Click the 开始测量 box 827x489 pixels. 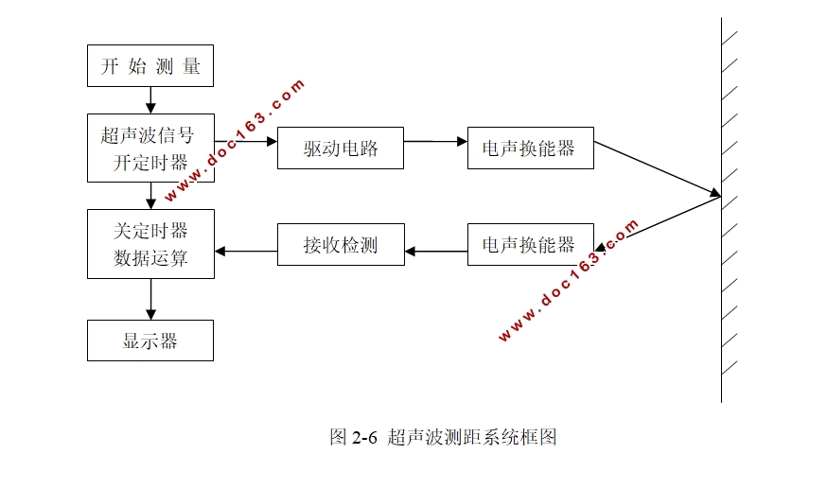pyautogui.click(x=150, y=66)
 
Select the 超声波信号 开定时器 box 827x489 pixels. pyautogui.click(x=150, y=148)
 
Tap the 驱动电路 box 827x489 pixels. pyautogui.click(x=341, y=148)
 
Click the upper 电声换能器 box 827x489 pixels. pyautogui.click(x=530, y=148)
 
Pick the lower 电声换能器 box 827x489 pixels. pyautogui.click(x=530, y=245)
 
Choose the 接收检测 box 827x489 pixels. pyautogui.click(x=341, y=245)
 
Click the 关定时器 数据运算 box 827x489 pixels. pyautogui.click(x=150, y=244)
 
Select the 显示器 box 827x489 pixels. pyautogui.click(x=150, y=341)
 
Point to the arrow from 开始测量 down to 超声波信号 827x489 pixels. pyautogui.click(x=150, y=100)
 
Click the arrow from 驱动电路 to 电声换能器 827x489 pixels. pyautogui.click(x=435, y=142)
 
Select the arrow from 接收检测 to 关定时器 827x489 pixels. pyautogui.click(x=245, y=251)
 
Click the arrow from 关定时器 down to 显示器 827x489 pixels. pyautogui.click(x=150, y=299)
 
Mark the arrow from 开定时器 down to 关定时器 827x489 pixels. pyautogui.click(x=150, y=196)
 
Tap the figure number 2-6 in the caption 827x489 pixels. pyautogui.click(x=364, y=437)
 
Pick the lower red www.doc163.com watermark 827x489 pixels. pyautogui.click(x=568, y=280)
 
